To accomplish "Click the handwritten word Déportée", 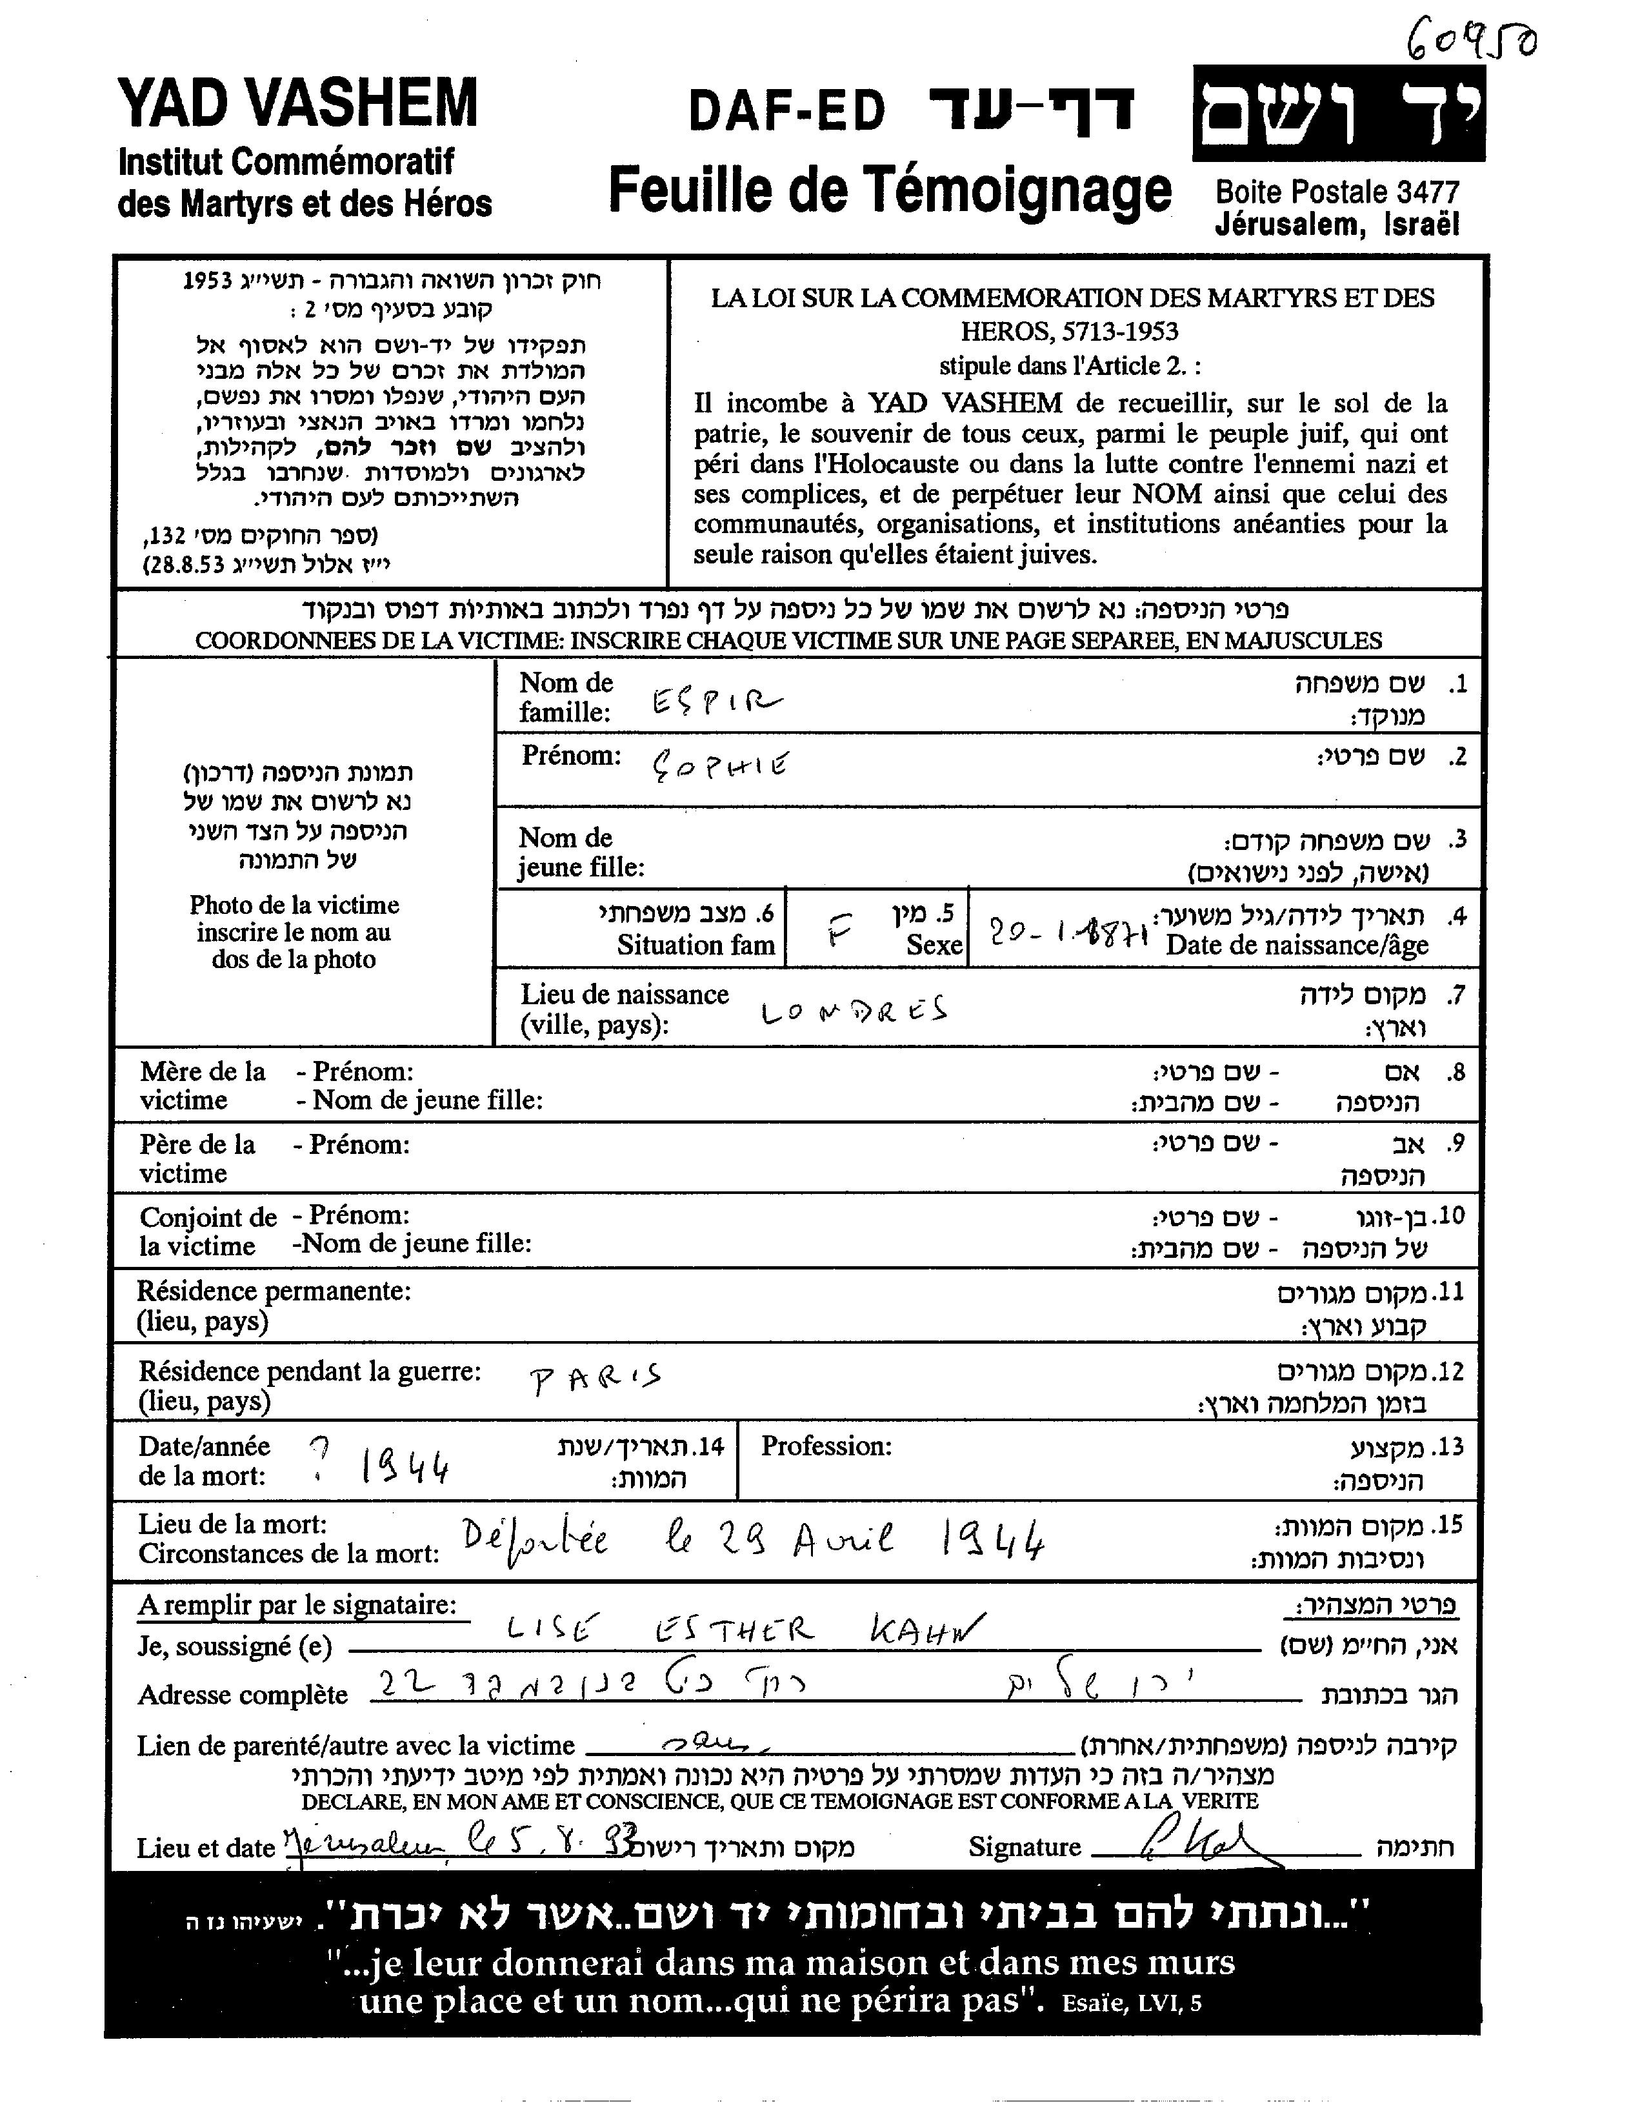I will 535,1542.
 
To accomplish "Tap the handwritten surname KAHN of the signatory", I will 926,1628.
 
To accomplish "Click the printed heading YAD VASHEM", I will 297,104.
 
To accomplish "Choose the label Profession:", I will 826,1446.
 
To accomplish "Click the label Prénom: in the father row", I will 358,1144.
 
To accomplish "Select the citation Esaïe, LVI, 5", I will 1132,2003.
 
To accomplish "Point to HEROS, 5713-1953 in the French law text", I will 1069,331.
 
